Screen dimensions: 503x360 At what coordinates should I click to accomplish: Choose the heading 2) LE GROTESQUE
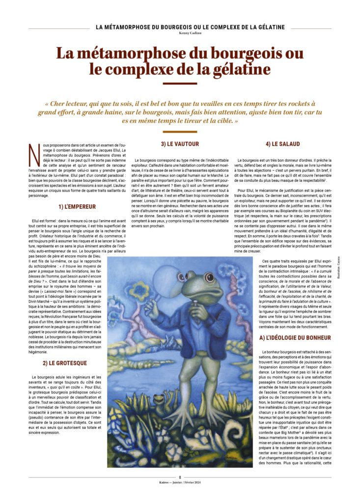64,363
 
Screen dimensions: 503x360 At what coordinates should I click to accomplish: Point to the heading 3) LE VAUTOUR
180,144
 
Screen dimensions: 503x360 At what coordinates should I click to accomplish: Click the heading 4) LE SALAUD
282,144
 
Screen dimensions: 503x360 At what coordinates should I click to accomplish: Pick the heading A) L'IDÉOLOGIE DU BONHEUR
295,338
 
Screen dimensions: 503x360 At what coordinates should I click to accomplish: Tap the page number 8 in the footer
180,477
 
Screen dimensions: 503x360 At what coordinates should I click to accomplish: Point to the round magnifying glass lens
166,280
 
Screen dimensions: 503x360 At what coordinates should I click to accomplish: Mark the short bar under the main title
180,83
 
